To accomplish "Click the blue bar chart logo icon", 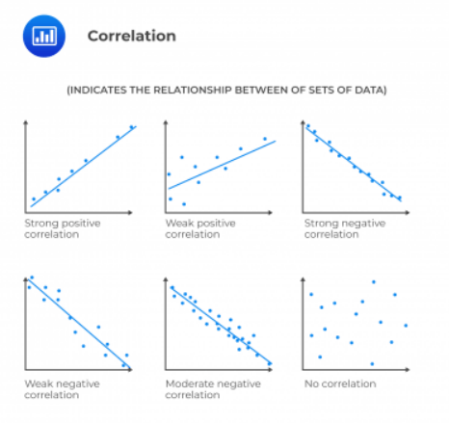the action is pyautogui.click(x=44, y=36).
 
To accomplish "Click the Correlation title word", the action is pyautogui.click(x=132, y=36).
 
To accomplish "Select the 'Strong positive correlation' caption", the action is pyautogui.click(x=63, y=228).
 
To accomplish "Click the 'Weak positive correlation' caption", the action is pyautogui.click(x=200, y=228).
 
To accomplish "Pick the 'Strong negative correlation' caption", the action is pyautogui.click(x=345, y=228).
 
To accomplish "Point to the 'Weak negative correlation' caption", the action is pyautogui.click(x=62, y=389).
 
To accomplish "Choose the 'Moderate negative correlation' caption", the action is pyautogui.click(x=213, y=389).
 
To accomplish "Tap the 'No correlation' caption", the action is pyautogui.click(x=340, y=383).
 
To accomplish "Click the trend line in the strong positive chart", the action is pyautogui.click(x=84, y=167).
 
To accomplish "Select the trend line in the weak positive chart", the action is pyautogui.click(x=222, y=165).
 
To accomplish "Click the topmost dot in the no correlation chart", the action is pyautogui.click(x=374, y=282).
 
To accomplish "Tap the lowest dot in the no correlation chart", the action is pyautogui.click(x=372, y=364).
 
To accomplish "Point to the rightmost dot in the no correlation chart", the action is pyautogui.click(x=406, y=326).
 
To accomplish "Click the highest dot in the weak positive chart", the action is pyautogui.click(x=265, y=139).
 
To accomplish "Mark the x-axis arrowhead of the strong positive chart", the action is pyautogui.click(x=130, y=212).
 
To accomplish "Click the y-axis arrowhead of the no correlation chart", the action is pyautogui.click(x=303, y=279).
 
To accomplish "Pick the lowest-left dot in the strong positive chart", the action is pyautogui.click(x=34, y=198).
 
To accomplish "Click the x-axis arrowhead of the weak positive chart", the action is pyautogui.click(x=270, y=212).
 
